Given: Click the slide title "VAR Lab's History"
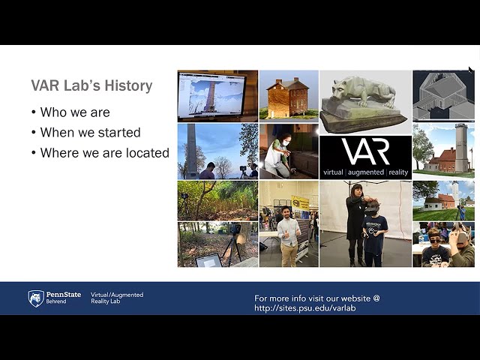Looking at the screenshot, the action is pos(91,85).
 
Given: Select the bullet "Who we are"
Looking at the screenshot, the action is pos(75,112).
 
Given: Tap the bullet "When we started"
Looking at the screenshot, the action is pos(90,132).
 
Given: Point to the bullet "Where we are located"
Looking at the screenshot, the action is pos(105,152).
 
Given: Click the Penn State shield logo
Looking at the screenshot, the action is pos(36,298).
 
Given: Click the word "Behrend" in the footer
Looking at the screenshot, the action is pos(56,301).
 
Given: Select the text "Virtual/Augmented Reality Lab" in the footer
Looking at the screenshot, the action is pos(117,298).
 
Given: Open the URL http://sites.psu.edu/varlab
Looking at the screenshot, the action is pos(305,308).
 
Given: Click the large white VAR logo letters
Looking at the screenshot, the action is pos(365,151).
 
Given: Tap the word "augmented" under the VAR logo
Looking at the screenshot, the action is pos(366,172).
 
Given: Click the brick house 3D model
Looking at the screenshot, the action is pos(288,97).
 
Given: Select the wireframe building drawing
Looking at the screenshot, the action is pos(443,96).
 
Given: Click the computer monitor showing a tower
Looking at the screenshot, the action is pos(212,94).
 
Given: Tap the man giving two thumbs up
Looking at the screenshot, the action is pos(288,235).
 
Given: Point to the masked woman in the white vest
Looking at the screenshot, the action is pos(277,155).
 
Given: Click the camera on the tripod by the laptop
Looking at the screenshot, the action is pos(235,229).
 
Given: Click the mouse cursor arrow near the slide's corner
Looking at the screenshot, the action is pos(470,70).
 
